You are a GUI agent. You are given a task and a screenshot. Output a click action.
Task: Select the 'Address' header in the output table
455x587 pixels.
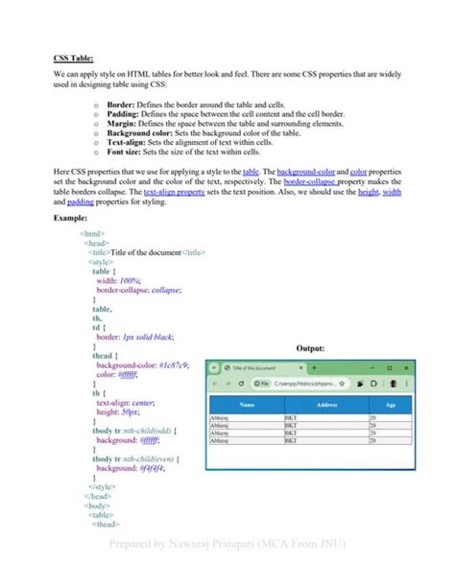point(326,406)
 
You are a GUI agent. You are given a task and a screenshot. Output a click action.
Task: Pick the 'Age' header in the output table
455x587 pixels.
point(389,406)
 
